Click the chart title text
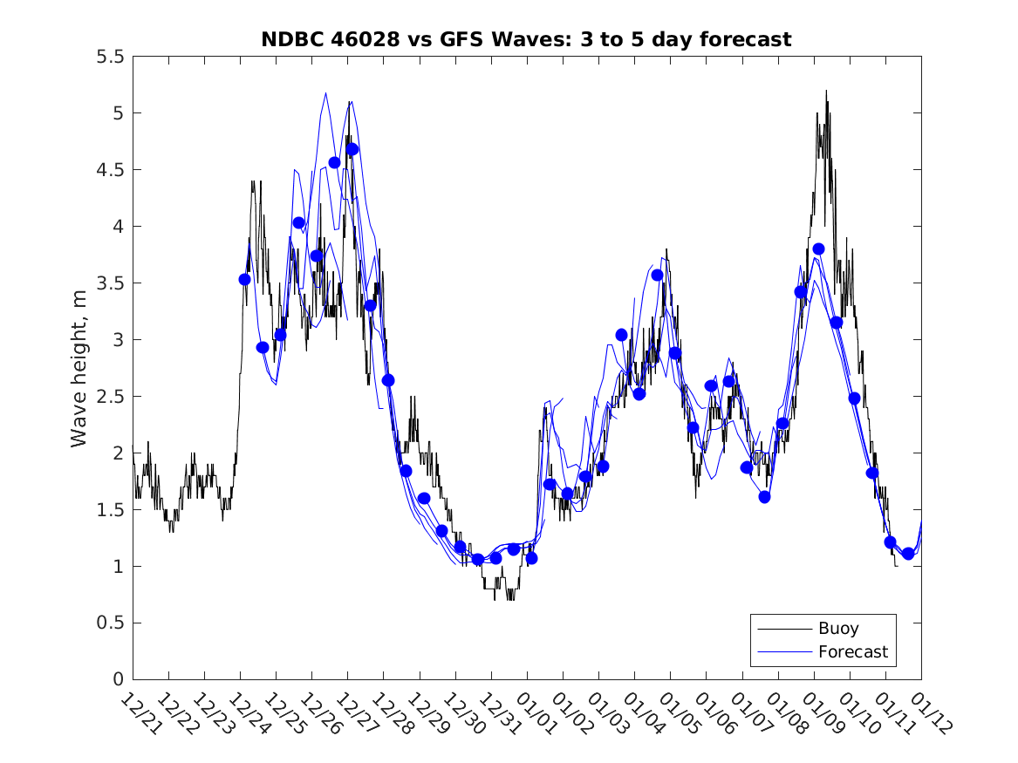[526, 39]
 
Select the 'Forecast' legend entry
[852, 651]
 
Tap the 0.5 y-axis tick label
[111, 623]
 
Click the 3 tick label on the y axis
[119, 340]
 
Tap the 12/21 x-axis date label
[140, 712]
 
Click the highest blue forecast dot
[352, 149]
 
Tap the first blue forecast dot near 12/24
[244, 279]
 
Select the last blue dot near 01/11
[908, 553]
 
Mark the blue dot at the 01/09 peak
[818, 249]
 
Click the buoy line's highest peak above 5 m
[825, 91]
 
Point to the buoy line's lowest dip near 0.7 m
[509, 599]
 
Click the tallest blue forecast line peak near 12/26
[325, 93]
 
